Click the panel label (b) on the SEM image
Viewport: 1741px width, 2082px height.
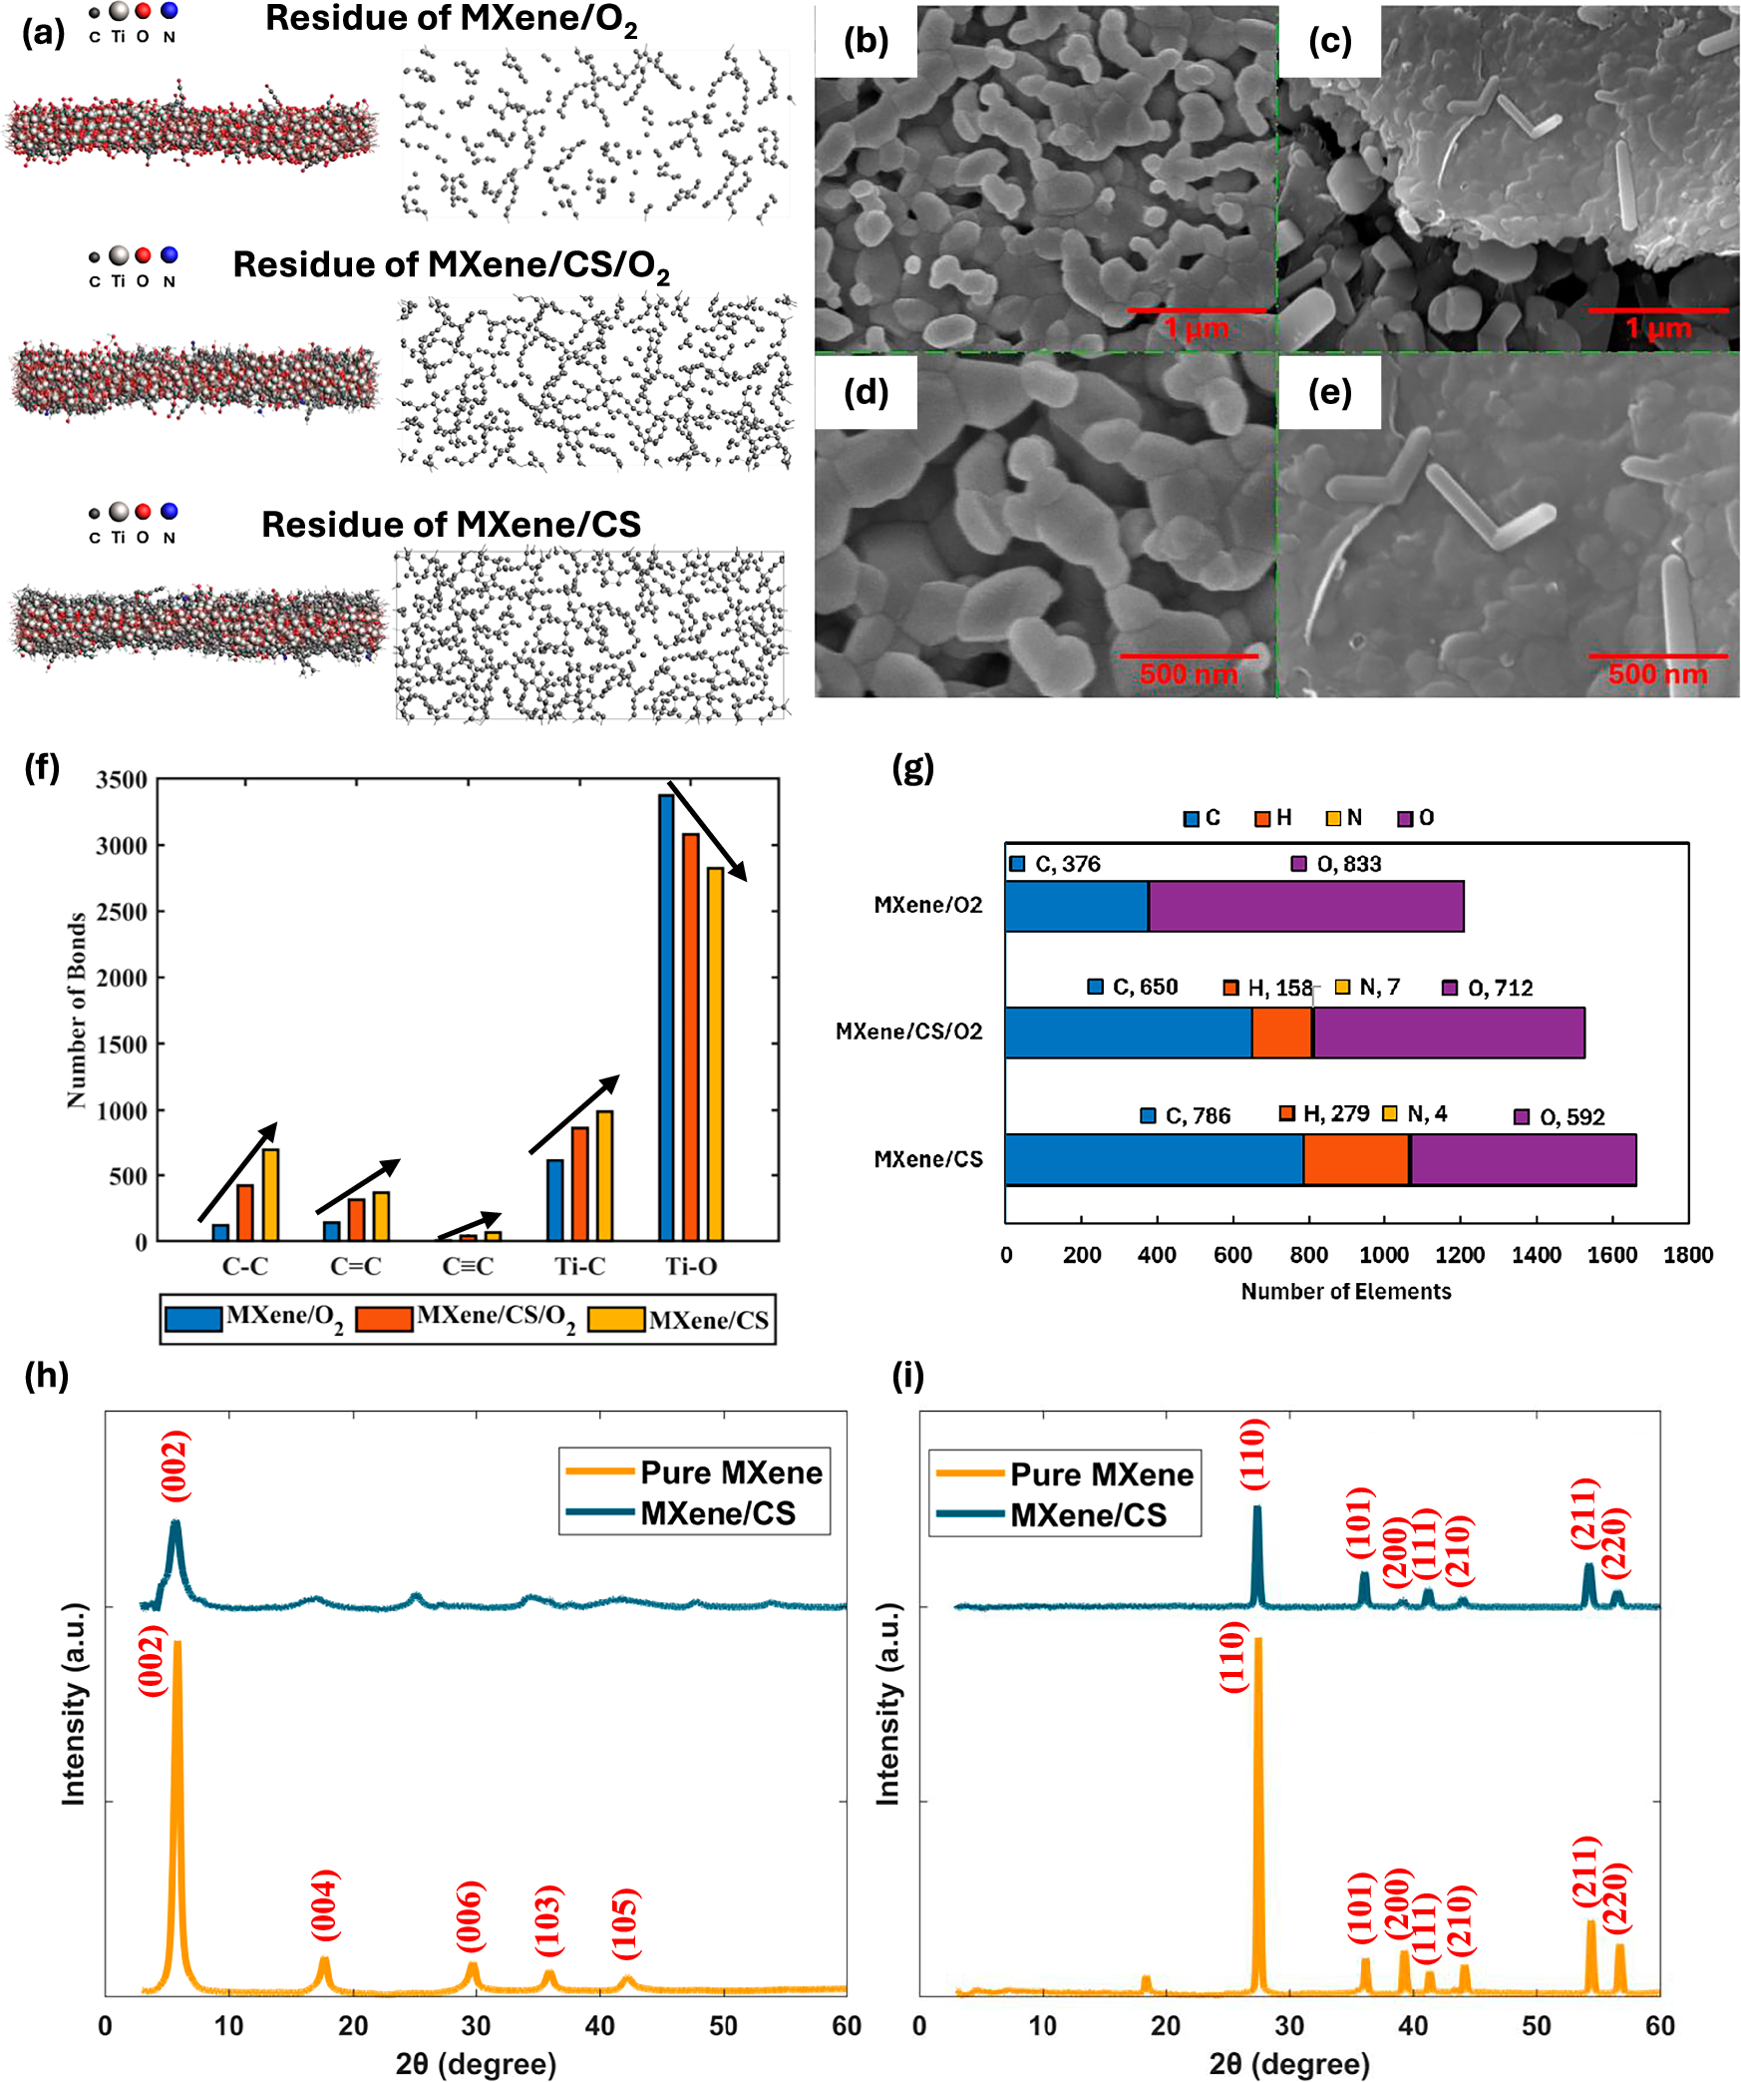865,41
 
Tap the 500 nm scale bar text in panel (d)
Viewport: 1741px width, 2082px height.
1188,674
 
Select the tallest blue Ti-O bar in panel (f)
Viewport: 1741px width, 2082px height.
666,1018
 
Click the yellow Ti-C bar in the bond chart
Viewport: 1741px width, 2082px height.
604,1175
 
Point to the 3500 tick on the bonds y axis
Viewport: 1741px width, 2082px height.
122,780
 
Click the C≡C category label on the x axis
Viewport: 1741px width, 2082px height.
468,1266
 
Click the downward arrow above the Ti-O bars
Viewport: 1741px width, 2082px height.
706,830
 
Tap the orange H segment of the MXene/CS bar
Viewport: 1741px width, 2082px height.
1355,1159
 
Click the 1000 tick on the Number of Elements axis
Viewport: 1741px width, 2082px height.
1383,1255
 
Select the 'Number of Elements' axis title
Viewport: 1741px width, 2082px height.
1345,1291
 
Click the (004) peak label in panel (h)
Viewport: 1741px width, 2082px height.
325,1904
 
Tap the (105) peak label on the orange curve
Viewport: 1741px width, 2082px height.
625,1922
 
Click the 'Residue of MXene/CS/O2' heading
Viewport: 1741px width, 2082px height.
451,265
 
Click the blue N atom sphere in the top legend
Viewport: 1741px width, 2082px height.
170,11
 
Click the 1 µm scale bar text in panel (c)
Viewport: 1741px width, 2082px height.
1657,328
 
